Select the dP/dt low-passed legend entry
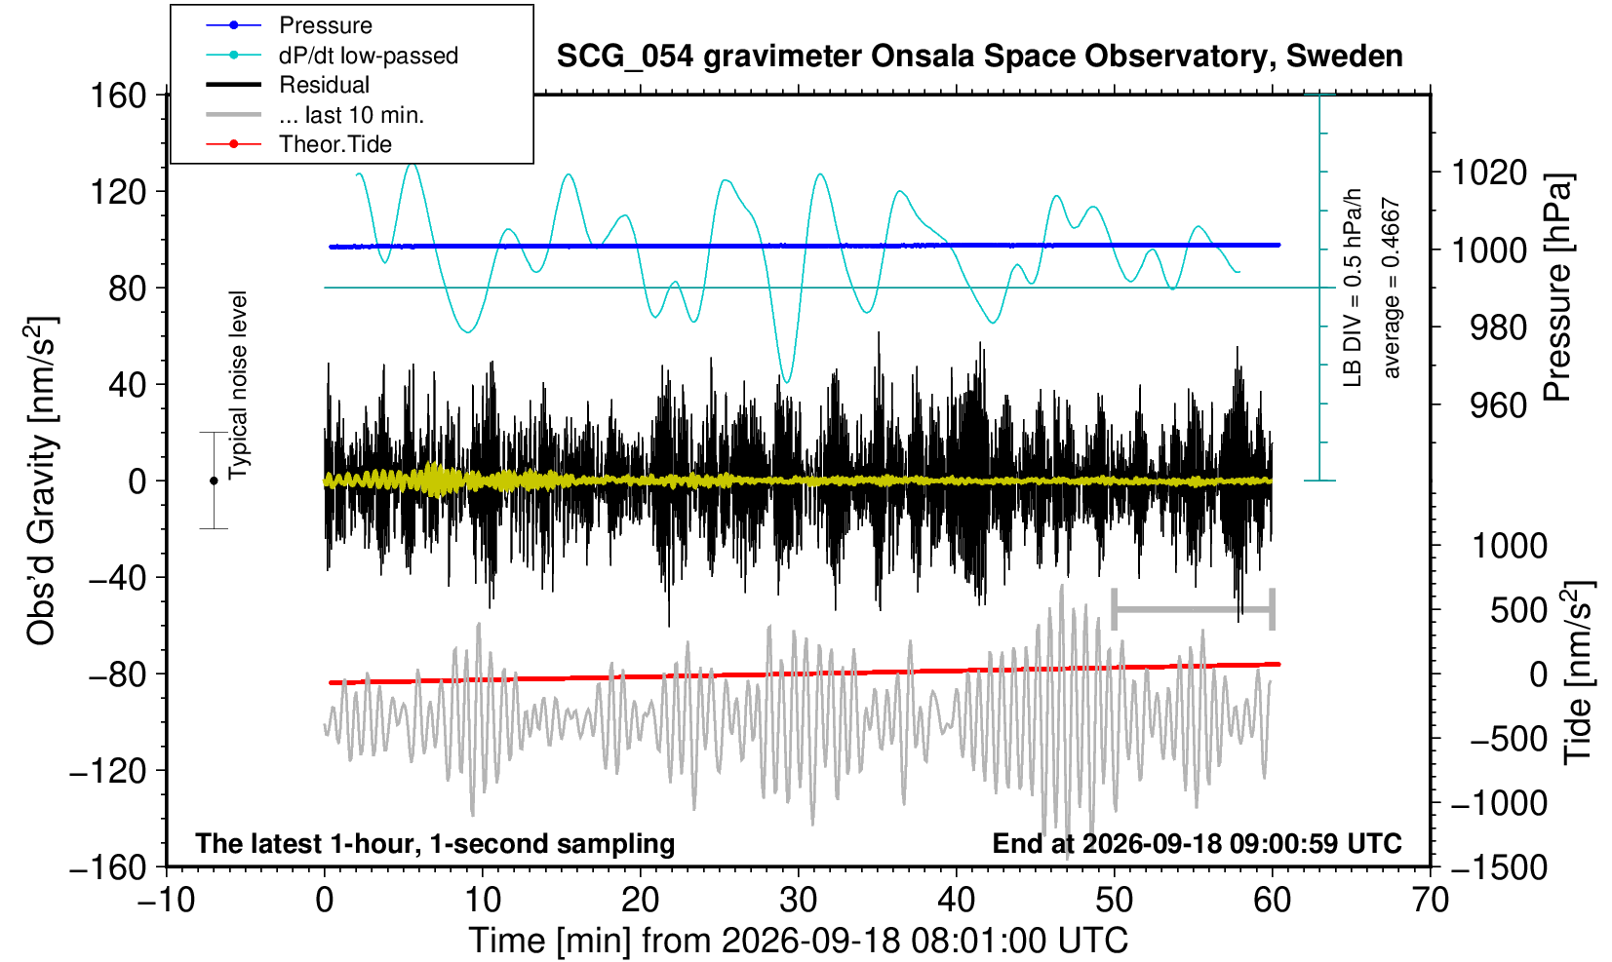click(x=332, y=56)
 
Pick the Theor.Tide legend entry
click(x=298, y=144)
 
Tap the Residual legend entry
click(x=288, y=85)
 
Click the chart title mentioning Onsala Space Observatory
click(x=979, y=57)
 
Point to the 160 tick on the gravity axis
click(x=118, y=96)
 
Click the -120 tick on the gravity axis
click(x=108, y=771)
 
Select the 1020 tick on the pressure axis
click(x=1489, y=173)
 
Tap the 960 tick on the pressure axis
click(x=1498, y=405)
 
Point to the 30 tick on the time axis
click(x=798, y=901)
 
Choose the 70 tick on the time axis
click(x=1430, y=901)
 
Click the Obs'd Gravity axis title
click(x=40, y=481)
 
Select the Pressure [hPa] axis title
click(x=1558, y=288)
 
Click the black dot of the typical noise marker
click(x=214, y=481)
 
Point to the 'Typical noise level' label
click(x=238, y=386)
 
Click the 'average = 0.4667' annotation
click(x=1391, y=288)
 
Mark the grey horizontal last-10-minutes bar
click(x=1194, y=609)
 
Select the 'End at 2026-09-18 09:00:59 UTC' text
click(x=1198, y=843)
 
